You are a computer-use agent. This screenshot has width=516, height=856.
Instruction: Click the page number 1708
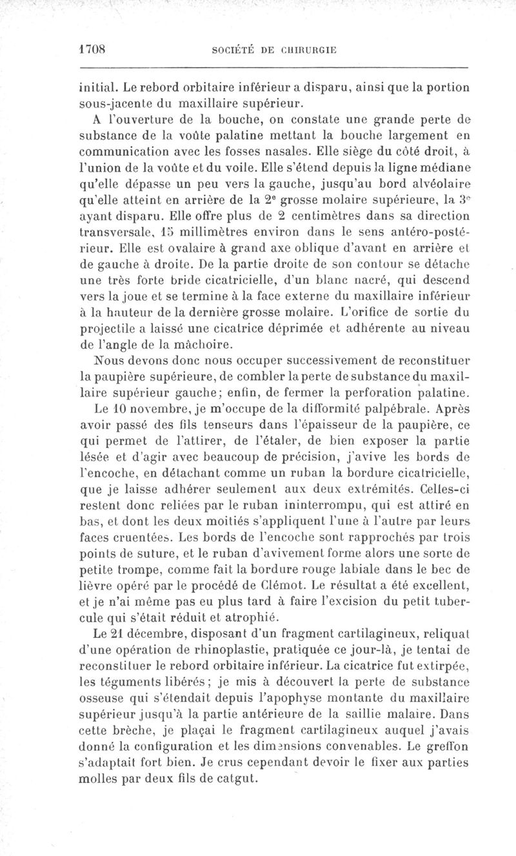click(92, 48)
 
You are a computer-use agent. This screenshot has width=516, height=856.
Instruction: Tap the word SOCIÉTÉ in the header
click(227, 49)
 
